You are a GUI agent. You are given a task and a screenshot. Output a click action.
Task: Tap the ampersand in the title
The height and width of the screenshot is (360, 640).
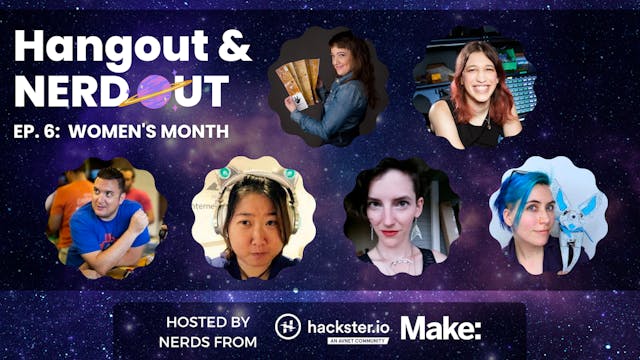tap(231, 47)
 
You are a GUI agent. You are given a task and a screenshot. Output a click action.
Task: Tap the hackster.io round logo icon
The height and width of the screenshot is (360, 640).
tap(290, 327)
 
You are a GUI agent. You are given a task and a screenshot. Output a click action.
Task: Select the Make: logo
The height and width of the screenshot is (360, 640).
tap(441, 327)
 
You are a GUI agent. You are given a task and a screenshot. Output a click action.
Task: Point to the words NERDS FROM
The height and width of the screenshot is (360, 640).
tap(207, 342)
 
